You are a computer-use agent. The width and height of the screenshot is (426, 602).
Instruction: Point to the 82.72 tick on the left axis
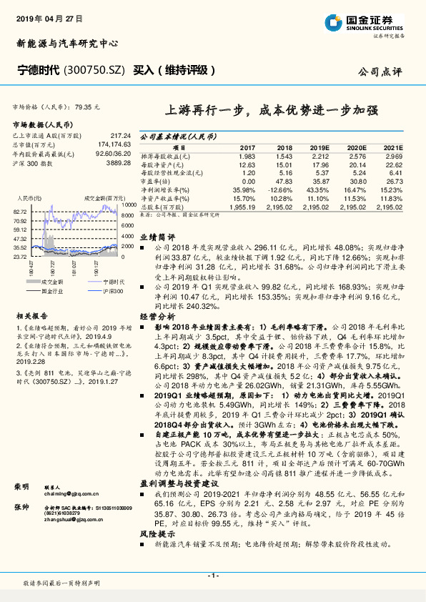click(21, 212)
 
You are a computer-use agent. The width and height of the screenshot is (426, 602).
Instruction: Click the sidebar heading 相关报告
click(31, 315)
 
